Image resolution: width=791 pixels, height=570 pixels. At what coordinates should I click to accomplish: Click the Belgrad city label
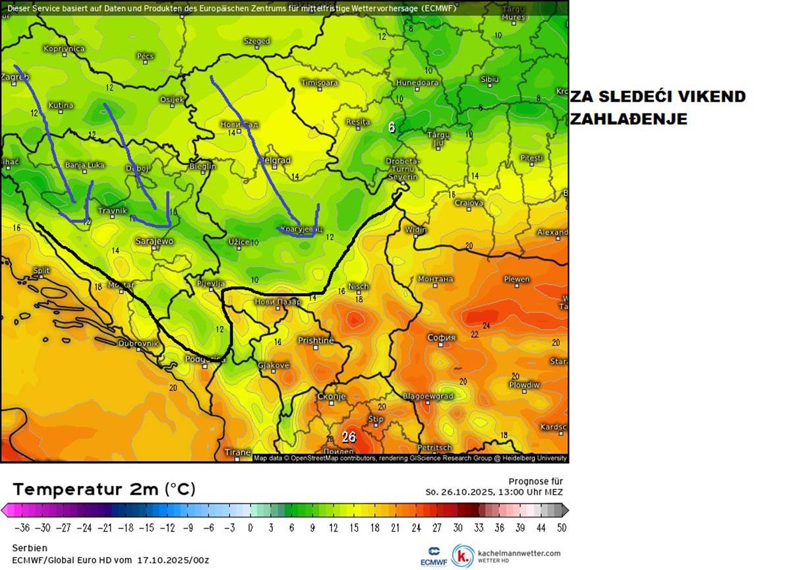coord(275,160)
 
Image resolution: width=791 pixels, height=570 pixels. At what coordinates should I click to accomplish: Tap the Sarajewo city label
coord(154,241)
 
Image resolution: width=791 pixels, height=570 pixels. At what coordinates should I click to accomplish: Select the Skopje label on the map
coord(331,396)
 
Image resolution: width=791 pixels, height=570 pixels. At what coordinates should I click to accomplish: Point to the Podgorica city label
coord(205,360)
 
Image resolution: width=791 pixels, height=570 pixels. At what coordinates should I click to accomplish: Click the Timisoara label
coord(319,82)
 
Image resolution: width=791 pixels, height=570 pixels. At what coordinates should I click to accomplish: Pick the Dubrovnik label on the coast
coord(138,343)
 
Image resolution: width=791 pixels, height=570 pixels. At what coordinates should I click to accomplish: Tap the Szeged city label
coord(257,41)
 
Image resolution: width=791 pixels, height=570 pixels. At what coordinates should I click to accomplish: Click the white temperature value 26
coord(349,437)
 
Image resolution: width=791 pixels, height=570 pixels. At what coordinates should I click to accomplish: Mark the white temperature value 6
coord(392,127)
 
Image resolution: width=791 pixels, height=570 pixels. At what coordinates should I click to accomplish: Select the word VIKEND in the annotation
coord(711,96)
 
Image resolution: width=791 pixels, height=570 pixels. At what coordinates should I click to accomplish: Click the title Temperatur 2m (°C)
coord(104,489)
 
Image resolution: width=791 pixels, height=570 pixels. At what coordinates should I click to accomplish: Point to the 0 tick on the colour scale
coord(250,528)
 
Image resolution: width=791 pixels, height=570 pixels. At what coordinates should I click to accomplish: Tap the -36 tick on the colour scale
coord(23,528)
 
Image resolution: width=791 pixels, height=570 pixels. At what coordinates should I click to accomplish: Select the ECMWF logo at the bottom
coord(434,556)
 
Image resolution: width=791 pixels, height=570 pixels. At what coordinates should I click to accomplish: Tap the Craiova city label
coord(469,203)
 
